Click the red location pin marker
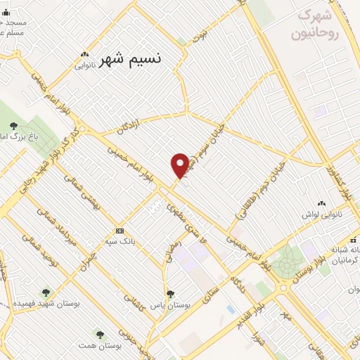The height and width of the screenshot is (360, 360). tap(180, 165)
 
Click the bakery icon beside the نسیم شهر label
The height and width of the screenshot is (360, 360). tap(85, 54)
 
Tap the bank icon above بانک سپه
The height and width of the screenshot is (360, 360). tap(120, 230)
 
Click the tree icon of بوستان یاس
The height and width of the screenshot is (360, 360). tap(169, 294)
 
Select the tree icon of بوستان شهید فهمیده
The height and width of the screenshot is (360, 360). tap(46, 292)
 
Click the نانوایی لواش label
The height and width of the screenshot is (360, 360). tap(322, 212)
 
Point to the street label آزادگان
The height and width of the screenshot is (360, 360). tap(129, 127)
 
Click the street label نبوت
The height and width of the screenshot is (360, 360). tap(202, 33)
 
